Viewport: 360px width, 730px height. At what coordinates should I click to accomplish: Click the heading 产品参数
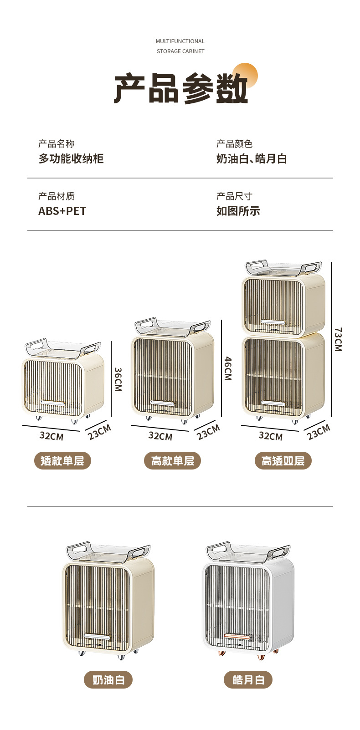click(x=180, y=88)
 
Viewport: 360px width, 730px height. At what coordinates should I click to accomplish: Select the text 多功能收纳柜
click(x=71, y=158)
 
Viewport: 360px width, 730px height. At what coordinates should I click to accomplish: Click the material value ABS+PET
click(x=62, y=211)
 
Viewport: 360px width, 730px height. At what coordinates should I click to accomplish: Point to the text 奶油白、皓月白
click(x=252, y=158)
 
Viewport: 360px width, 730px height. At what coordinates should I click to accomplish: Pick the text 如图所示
click(x=238, y=211)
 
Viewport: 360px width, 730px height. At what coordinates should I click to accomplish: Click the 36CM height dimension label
click(x=118, y=379)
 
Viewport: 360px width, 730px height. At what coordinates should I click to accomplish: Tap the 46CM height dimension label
click(x=228, y=368)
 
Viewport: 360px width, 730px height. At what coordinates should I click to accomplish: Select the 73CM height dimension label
click(x=338, y=339)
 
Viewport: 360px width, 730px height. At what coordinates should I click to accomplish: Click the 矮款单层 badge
click(x=62, y=461)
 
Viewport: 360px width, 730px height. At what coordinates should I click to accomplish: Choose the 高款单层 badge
click(x=173, y=461)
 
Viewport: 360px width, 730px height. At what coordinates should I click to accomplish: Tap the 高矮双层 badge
click(x=283, y=461)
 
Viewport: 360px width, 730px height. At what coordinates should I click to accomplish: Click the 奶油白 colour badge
click(x=108, y=680)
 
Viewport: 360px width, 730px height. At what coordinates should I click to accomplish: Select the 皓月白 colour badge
click(x=248, y=680)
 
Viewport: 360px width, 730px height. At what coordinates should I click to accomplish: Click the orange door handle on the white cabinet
click(x=237, y=636)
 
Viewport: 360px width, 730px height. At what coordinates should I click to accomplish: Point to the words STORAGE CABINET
click(x=180, y=51)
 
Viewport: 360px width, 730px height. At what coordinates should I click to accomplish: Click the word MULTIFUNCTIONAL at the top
click(x=180, y=41)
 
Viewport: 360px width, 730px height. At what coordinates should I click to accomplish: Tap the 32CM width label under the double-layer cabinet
click(x=270, y=436)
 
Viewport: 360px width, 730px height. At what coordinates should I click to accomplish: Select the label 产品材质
click(x=57, y=196)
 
